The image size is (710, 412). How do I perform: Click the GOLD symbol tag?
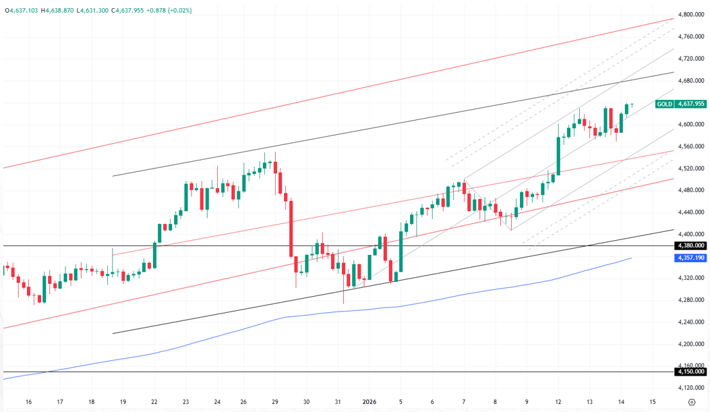pyautogui.click(x=665, y=104)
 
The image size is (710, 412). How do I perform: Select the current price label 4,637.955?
pyautogui.click(x=690, y=104)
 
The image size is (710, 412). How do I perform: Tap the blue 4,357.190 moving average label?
pyautogui.click(x=690, y=258)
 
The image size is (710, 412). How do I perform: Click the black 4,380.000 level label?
pyautogui.click(x=690, y=246)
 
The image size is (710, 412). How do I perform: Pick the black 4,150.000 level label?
pyautogui.click(x=690, y=372)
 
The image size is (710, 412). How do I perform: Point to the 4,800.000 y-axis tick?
pyautogui.click(x=691, y=14)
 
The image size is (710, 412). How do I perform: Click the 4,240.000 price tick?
pyautogui.click(x=691, y=322)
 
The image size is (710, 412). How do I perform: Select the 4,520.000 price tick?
pyautogui.click(x=691, y=169)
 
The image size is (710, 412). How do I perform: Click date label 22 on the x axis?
pyautogui.click(x=154, y=402)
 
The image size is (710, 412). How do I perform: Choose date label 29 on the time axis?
pyautogui.click(x=275, y=402)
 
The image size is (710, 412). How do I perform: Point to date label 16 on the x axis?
pyautogui.click(x=28, y=402)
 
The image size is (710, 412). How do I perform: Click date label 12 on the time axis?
pyautogui.click(x=558, y=402)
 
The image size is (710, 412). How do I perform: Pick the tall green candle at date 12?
pyautogui.click(x=558, y=155)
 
